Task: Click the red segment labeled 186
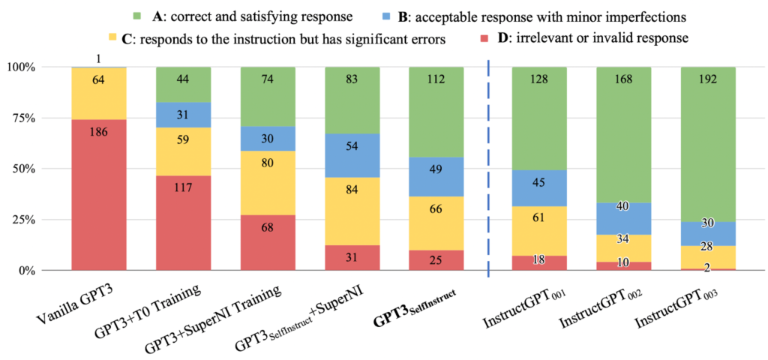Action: click(98, 194)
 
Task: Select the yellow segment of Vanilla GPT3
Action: click(98, 93)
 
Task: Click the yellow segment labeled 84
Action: click(352, 211)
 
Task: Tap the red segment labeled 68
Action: click(268, 242)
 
